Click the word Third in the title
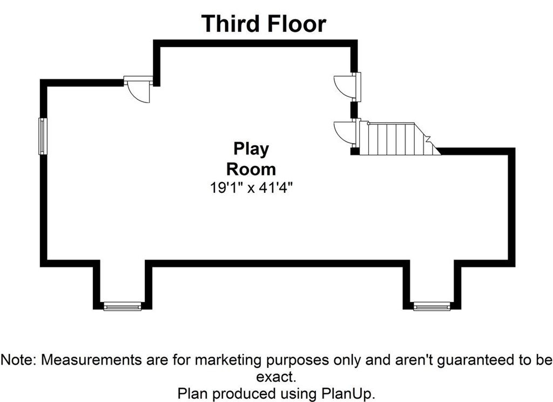coord(231,24)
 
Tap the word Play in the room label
coord(251,149)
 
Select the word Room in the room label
coord(251,169)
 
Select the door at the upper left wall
coord(139,90)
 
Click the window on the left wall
coord(42,136)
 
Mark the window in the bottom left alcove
coord(122,307)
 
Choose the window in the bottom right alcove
coord(432,307)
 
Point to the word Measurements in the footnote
coord(89,359)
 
